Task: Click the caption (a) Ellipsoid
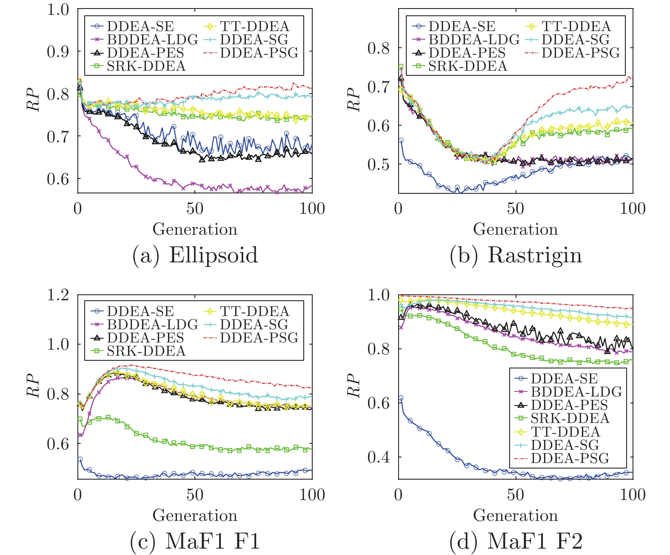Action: [x=195, y=256]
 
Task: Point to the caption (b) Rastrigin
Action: [x=516, y=256]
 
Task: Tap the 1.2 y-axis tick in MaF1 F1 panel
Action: [x=58, y=295]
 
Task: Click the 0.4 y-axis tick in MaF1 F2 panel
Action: [x=379, y=457]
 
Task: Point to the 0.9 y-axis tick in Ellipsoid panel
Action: [x=58, y=51]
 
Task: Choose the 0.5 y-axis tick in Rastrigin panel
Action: [x=379, y=164]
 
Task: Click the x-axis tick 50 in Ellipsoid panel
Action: [x=195, y=209]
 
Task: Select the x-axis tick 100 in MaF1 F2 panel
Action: [x=633, y=495]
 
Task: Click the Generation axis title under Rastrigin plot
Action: [x=516, y=229]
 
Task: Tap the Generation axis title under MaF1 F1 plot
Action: [x=195, y=515]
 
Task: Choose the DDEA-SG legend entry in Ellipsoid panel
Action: [x=254, y=40]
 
